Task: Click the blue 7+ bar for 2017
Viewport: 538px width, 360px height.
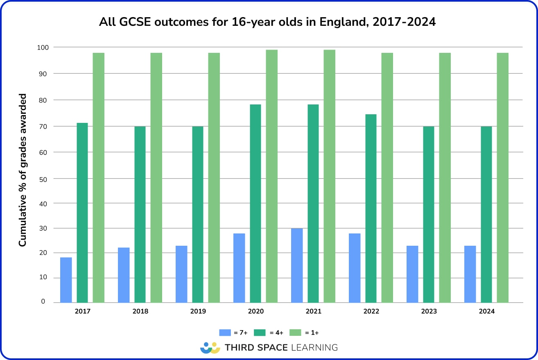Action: click(x=66, y=280)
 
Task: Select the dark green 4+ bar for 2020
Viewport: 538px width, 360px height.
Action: click(x=255, y=204)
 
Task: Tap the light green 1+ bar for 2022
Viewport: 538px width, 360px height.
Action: click(x=387, y=178)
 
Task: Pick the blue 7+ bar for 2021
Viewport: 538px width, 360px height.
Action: click(x=297, y=265)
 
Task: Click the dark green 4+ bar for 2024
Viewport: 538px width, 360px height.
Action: click(x=486, y=215)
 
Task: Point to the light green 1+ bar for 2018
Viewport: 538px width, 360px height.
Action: click(x=156, y=178)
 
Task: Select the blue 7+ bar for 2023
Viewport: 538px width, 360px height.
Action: click(x=412, y=274)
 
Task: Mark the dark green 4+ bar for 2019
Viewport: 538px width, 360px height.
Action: click(x=198, y=215)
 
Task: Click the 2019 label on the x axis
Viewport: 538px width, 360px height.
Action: click(x=198, y=311)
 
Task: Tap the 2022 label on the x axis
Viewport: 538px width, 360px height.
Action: click(x=371, y=311)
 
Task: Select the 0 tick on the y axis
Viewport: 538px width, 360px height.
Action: click(x=43, y=301)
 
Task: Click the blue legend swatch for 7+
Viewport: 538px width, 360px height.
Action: click(x=225, y=333)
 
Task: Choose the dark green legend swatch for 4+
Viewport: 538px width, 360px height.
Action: click(x=260, y=333)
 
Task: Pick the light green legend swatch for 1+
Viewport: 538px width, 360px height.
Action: click(x=296, y=333)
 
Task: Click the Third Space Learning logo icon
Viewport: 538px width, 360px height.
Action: click(x=210, y=348)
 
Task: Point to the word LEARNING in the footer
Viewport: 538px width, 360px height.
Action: click(x=314, y=348)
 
